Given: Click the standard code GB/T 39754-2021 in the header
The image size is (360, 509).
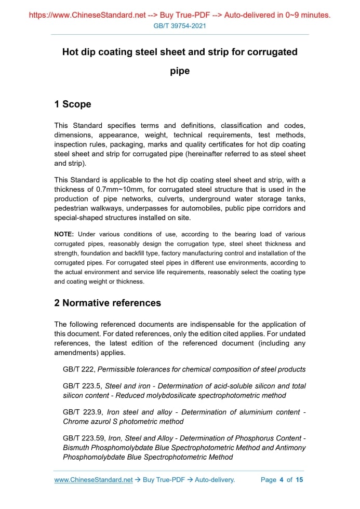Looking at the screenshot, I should [180, 25].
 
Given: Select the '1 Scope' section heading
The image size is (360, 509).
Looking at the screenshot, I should [73, 104].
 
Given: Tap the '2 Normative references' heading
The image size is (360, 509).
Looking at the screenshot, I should [108, 303].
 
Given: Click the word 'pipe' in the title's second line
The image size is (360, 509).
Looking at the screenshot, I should [180, 71].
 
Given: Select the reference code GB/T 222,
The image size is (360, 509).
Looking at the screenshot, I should [79, 369].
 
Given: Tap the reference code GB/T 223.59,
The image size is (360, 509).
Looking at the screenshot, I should [84, 438].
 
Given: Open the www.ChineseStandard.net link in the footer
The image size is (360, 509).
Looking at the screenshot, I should [94, 480].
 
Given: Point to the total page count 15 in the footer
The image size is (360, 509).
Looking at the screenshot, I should [299, 480].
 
